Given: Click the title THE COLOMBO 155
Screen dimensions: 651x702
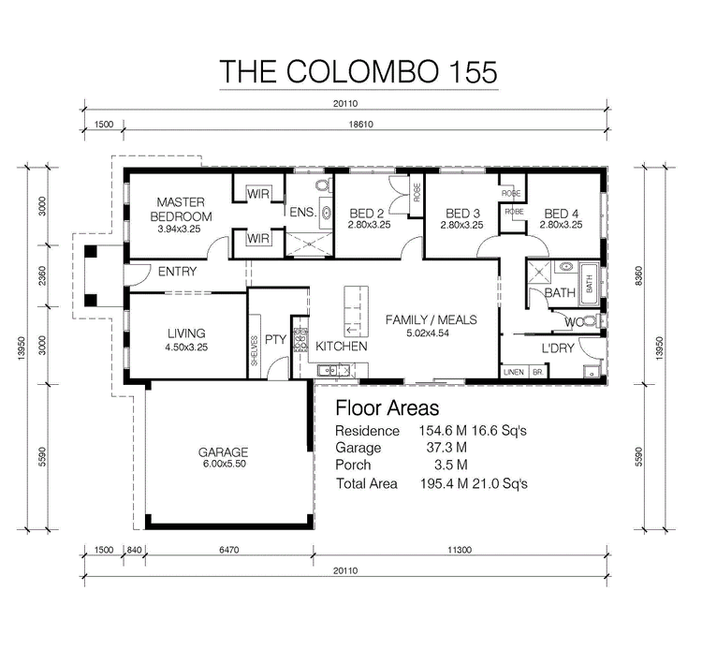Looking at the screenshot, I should coord(358,71).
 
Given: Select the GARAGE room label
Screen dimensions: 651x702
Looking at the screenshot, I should coord(222,451).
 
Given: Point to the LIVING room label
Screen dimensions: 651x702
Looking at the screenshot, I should coord(186,333).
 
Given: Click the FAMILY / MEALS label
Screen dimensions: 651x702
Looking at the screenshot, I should coord(431,319).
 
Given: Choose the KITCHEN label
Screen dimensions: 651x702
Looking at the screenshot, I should coord(341,347).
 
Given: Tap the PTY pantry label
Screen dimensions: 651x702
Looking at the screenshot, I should coord(274,339).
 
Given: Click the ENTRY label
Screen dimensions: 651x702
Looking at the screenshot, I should coord(177,273).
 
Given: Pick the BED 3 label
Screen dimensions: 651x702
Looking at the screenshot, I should coord(462,213).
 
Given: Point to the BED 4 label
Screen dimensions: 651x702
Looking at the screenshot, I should coord(562,213).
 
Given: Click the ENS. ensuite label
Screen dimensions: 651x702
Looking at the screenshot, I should coord(302,213).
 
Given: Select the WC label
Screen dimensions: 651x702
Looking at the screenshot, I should coord(576,322).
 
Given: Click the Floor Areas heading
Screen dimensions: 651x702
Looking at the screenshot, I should coord(387,408).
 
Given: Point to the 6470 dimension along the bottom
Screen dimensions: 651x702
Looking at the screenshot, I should coord(229,549).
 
